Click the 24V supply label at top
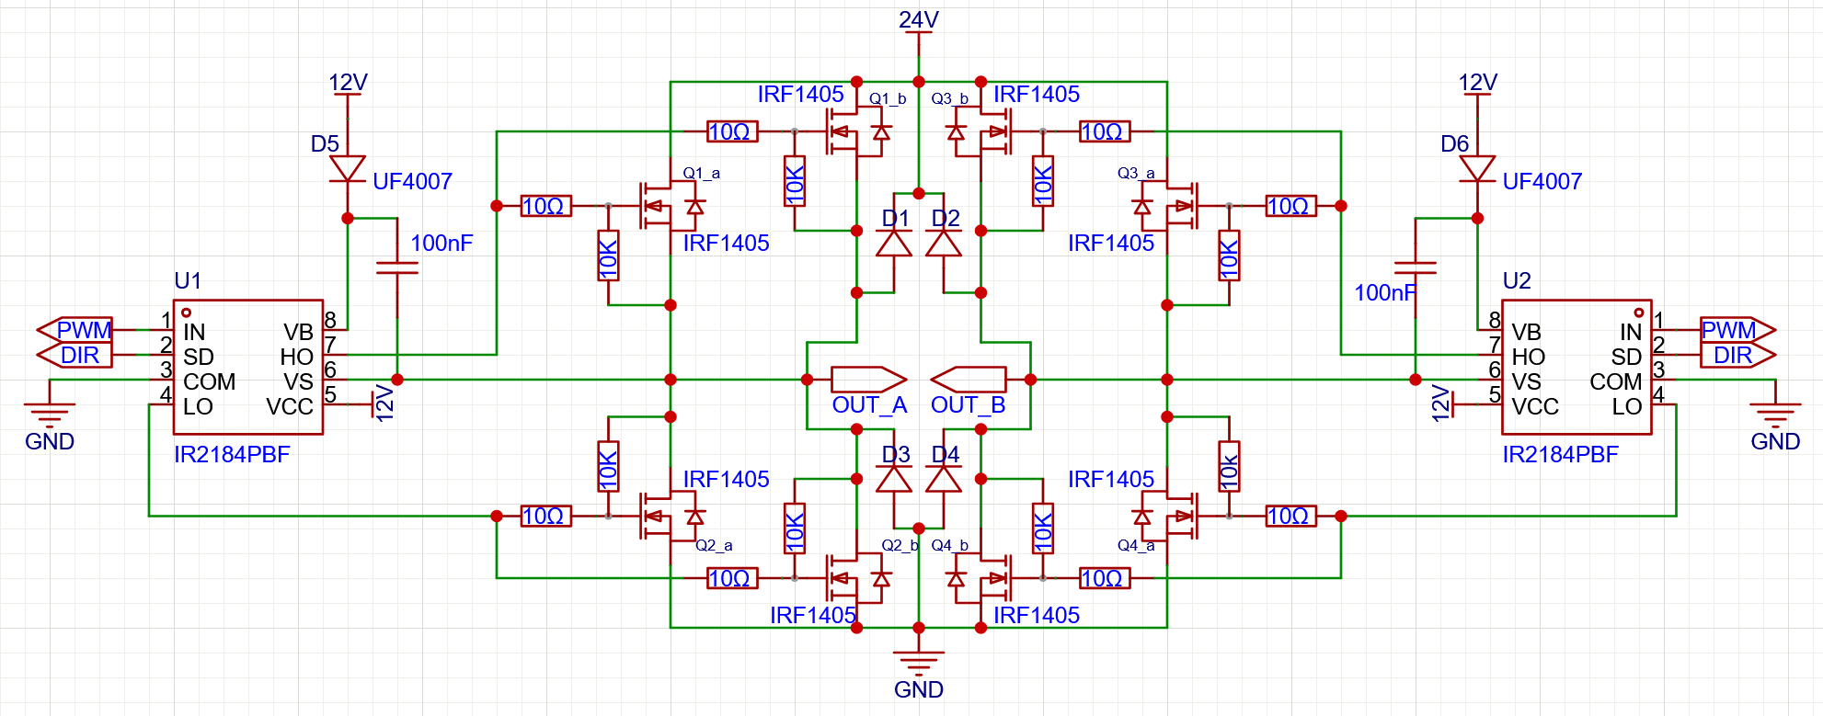tap(918, 20)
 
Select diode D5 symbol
tap(348, 169)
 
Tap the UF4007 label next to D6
tap(1542, 181)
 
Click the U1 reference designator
tap(188, 280)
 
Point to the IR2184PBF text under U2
tap(1560, 454)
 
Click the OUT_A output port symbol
tap(867, 379)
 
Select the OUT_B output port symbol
tap(969, 379)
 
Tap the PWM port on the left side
tap(75, 329)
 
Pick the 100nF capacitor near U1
tap(397, 267)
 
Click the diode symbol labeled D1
tap(894, 244)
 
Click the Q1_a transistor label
tap(701, 173)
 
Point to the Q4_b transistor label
tap(949, 545)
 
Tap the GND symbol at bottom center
tap(918, 660)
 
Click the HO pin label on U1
tap(296, 357)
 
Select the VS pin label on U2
tap(1526, 381)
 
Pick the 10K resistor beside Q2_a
tap(608, 467)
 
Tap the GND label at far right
tap(1774, 441)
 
